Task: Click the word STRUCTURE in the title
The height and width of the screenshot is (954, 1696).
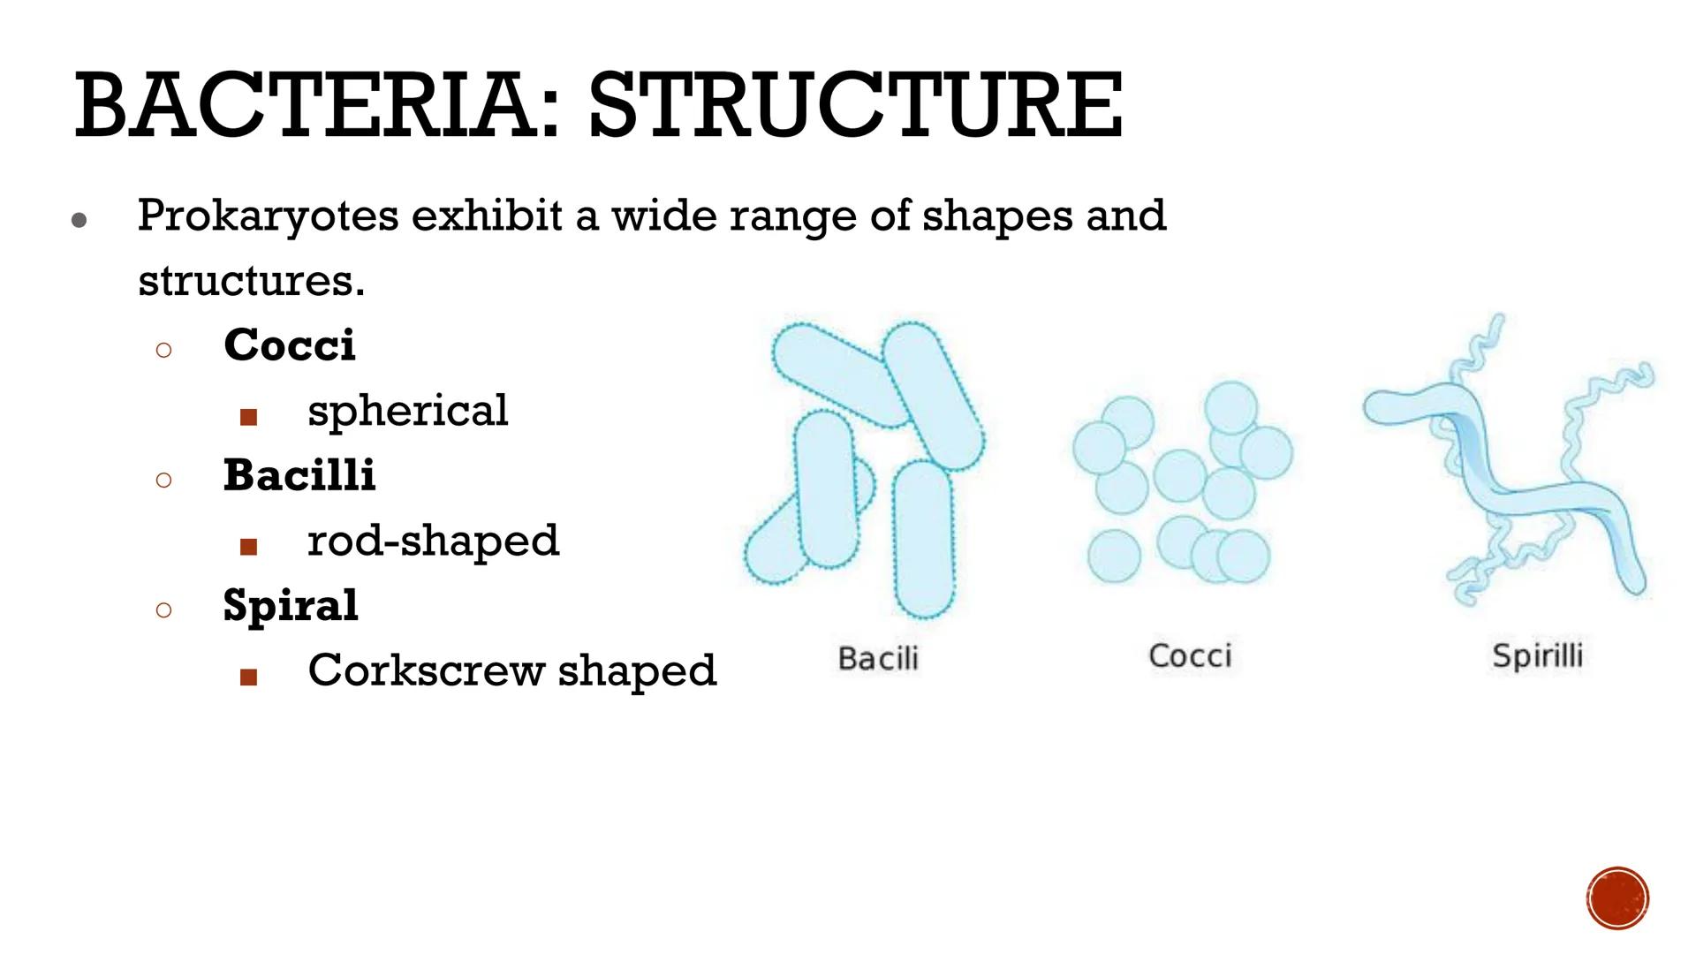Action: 855,107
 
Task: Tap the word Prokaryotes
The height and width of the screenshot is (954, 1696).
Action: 268,216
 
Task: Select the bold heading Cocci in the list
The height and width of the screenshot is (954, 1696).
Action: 290,344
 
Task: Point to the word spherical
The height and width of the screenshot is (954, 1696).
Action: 407,411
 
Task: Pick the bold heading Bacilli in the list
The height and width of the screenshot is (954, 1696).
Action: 299,475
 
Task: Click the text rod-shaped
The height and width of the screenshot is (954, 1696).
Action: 433,541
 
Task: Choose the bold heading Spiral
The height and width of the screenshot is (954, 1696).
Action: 291,607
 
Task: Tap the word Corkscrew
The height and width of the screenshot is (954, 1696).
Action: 426,670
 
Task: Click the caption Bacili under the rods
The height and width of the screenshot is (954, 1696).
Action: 878,658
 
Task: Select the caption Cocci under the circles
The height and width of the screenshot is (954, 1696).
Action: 1190,655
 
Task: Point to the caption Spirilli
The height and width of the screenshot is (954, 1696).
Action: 1537,655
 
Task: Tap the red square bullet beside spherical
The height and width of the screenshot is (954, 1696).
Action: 248,417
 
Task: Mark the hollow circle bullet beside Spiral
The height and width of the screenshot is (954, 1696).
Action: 163,610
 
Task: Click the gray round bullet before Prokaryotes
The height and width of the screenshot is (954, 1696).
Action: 79,220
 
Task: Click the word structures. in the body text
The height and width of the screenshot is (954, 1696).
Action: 251,281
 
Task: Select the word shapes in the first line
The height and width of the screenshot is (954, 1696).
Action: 996,216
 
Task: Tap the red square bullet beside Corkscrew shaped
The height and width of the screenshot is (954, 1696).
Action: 248,678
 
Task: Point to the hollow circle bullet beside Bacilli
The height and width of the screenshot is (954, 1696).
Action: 163,481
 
